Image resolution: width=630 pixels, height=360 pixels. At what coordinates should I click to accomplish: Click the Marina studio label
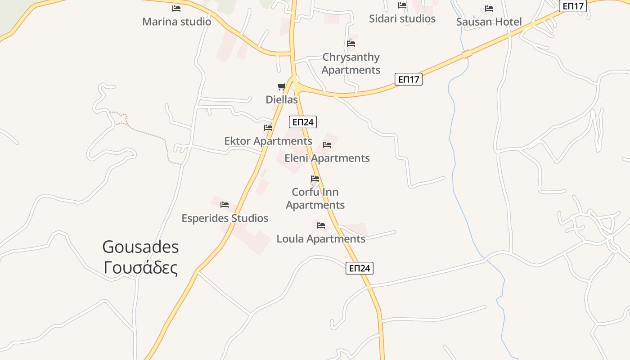tap(176, 22)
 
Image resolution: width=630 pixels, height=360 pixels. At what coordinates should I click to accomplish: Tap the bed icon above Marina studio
tap(176, 8)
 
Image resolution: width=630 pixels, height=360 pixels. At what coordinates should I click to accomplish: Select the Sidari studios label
tap(402, 18)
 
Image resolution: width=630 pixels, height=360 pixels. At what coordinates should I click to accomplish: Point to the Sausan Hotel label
tap(489, 22)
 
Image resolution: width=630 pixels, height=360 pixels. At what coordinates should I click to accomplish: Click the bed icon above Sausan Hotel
tap(489, 9)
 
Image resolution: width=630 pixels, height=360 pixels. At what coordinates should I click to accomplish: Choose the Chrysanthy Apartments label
tap(351, 63)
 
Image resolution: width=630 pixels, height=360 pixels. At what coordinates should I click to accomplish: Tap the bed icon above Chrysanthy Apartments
tap(351, 44)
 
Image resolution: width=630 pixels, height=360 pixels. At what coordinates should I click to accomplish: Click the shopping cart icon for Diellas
tap(282, 86)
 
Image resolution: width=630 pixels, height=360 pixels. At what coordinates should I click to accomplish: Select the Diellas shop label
tap(282, 99)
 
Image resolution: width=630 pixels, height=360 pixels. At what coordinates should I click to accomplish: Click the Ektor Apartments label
tap(268, 141)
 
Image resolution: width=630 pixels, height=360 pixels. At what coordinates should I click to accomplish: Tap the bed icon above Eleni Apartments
tap(327, 145)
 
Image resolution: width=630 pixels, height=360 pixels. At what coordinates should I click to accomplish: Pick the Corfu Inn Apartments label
tap(315, 198)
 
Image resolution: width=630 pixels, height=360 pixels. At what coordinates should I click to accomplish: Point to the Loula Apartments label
tap(321, 238)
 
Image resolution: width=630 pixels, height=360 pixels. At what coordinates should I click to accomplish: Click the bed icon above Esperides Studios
tap(225, 205)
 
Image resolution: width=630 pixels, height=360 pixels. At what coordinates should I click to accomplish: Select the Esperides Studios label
tap(225, 218)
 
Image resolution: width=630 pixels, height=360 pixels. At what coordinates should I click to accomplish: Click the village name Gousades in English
tap(140, 247)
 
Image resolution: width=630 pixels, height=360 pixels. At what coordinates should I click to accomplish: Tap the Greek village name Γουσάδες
tap(140, 268)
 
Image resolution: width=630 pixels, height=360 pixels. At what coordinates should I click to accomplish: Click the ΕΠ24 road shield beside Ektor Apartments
tap(303, 122)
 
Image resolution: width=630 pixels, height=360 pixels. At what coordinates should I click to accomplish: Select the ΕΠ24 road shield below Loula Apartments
tap(360, 268)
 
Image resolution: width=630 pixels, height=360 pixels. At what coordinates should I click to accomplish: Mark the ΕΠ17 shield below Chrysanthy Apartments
tap(409, 80)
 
